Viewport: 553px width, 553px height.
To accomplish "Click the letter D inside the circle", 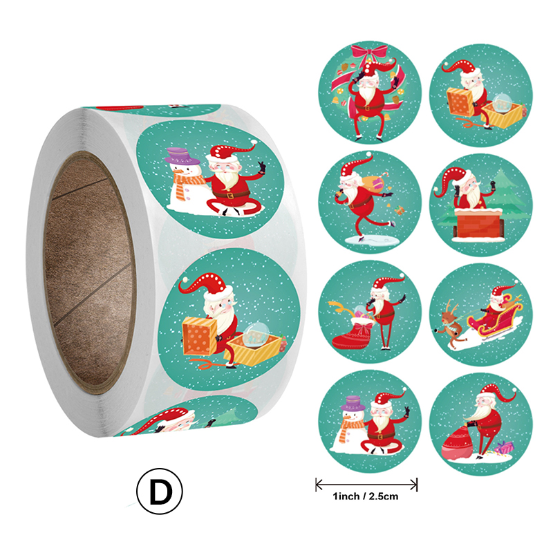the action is pyautogui.click(x=161, y=492).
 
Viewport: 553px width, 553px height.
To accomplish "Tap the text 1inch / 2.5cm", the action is pyautogui.click(x=366, y=496).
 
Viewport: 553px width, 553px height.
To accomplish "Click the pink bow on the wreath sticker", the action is pyautogui.click(x=370, y=51).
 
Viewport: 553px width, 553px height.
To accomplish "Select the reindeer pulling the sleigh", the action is pyautogui.click(x=447, y=323).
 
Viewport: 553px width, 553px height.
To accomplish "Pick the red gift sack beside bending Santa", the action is pyautogui.click(x=458, y=444).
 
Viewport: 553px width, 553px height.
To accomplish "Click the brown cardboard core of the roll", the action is pyautogui.click(x=89, y=272).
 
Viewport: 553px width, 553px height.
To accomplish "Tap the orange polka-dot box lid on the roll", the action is pyautogui.click(x=200, y=336).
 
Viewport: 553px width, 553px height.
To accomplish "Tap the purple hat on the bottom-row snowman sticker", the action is pyautogui.click(x=354, y=404).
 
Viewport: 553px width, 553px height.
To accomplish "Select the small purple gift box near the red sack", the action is pyautogui.click(x=505, y=448).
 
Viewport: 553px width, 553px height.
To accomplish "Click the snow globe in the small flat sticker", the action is pyautogui.click(x=502, y=102).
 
